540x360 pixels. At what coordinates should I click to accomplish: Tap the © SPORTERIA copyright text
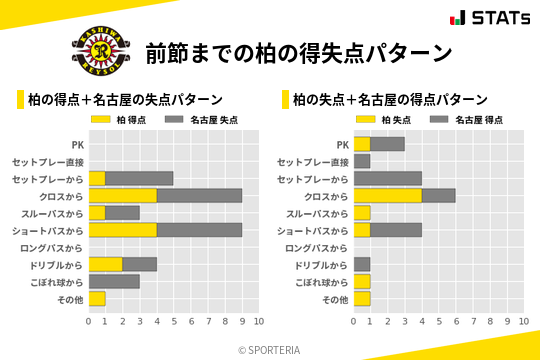270,349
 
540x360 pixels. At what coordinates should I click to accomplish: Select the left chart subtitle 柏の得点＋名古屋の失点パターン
125,99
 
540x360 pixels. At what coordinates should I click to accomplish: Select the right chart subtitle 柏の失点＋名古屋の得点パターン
390,99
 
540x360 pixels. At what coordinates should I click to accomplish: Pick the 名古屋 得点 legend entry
475,119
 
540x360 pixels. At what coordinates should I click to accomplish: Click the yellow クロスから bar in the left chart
123,196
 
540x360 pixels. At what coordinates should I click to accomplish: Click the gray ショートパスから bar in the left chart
199,230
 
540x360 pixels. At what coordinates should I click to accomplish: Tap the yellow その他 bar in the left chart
97,298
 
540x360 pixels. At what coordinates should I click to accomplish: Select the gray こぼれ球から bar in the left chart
114,281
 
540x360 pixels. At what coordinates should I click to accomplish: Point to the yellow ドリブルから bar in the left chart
106,264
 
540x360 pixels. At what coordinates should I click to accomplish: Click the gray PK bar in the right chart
387,144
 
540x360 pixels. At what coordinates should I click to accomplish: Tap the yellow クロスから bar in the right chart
387,196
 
